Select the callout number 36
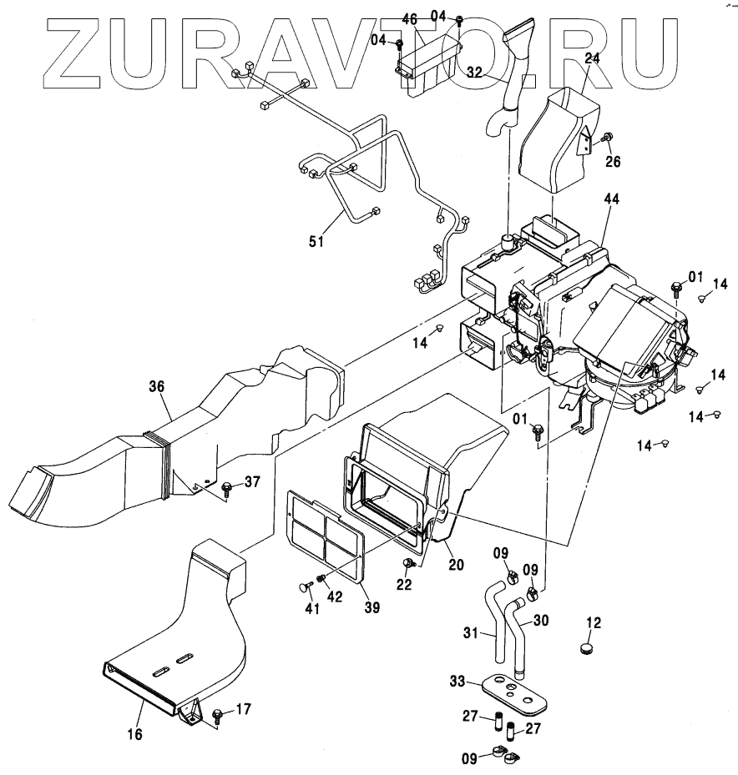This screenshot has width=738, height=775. tap(157, 386)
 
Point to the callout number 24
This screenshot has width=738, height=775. tap(592, 59)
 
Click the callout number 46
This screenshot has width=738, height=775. tap(409, 18)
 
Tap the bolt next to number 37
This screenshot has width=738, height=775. tap(225, 486)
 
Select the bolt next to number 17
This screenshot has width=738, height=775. tap(217, 713)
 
